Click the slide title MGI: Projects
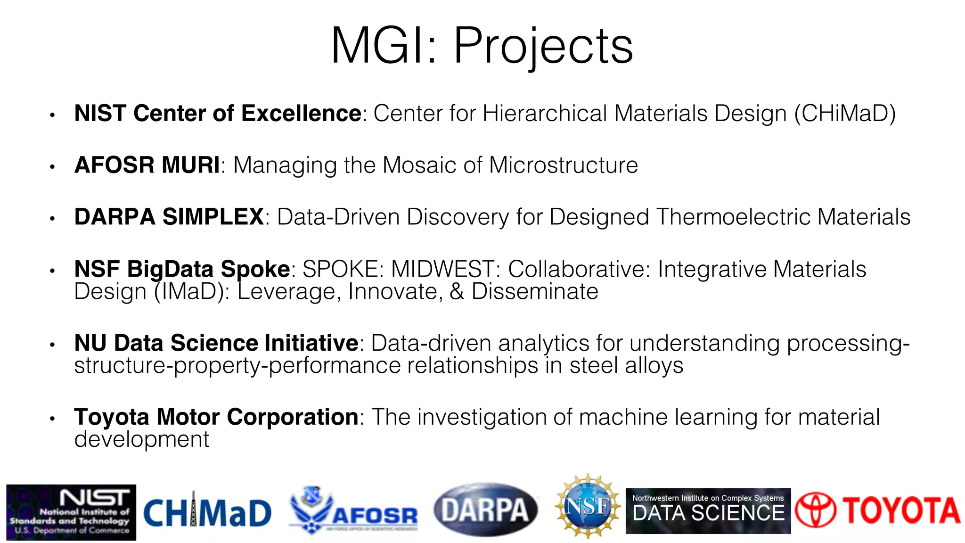point(482,46)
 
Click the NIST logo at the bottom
point(71,512)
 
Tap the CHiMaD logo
point(207,513)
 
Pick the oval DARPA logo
point(485,510)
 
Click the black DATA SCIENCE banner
point(708,511)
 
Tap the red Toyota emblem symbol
point(815,510)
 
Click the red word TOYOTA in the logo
point(901,510)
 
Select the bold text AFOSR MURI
point(147,165)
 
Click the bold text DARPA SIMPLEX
point(169,217)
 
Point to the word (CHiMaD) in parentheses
point(845,114)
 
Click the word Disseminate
point(535,292)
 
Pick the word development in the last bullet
point(141,440)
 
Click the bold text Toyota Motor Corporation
point(216,417)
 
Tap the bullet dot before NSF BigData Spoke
point(53,271)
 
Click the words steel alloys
point(626,366)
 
